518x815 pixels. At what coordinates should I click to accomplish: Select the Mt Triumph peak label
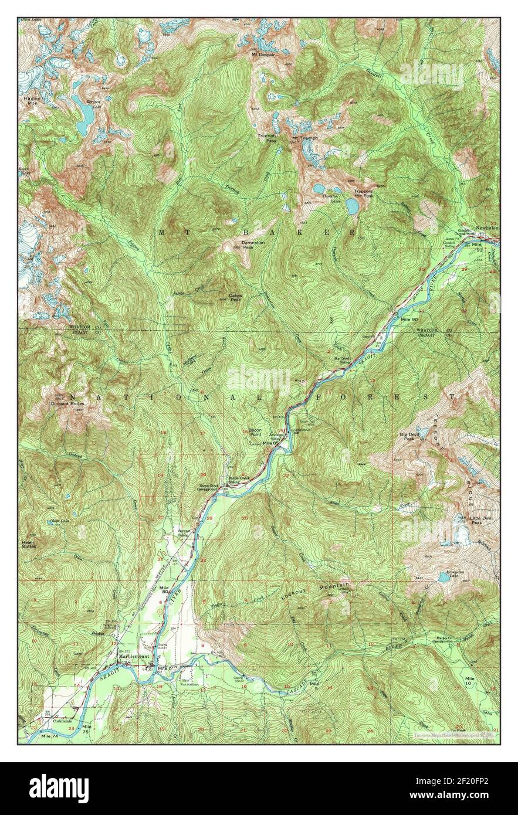305,138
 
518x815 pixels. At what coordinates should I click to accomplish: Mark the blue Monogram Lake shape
445,577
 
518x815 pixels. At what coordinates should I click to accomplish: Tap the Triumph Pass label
268,138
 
